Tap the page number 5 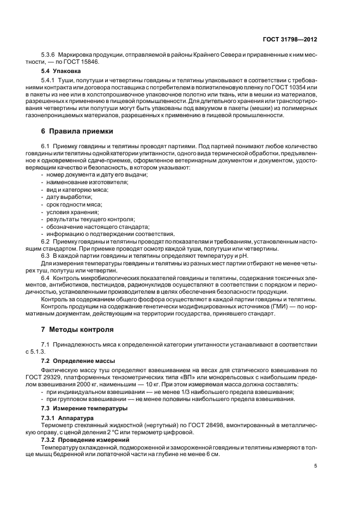(316, 466)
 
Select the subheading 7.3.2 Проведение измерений (82, 439)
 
